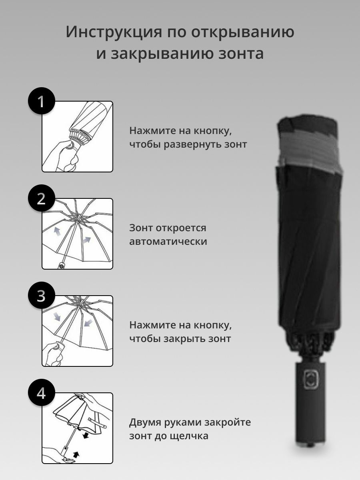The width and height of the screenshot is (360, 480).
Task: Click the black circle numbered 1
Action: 41,101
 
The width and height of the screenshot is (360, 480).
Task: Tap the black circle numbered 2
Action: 41,198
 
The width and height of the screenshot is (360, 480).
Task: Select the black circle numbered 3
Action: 41,296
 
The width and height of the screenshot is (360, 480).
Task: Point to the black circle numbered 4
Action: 41,392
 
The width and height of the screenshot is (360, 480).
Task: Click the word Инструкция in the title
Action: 114,32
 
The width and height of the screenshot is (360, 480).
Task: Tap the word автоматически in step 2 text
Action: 168,242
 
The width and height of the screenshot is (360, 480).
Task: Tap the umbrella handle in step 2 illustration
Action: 62,265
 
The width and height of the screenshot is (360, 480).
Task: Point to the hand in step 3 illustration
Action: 52,354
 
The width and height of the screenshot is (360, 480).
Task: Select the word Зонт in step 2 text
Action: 141,228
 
